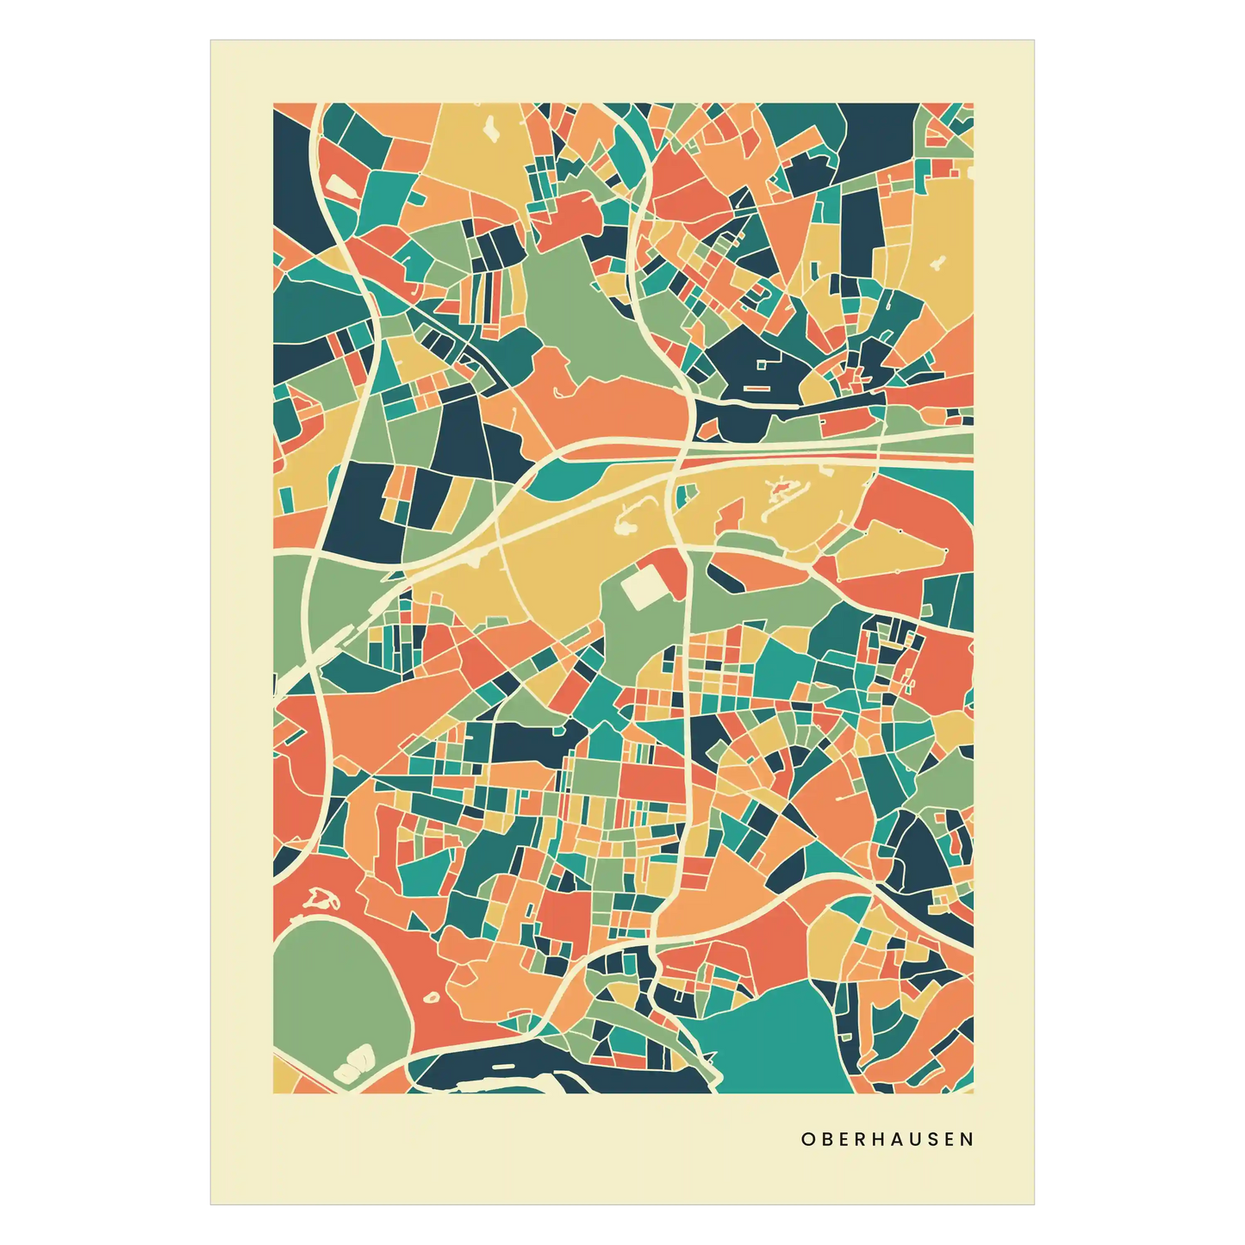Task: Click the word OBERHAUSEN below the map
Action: tap(887, 1139)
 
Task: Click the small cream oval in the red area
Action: tap(432, 998)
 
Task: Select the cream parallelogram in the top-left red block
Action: tap(338, 185)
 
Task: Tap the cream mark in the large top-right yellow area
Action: tap(938, 262)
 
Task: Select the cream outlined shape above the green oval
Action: tap(321, 900)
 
